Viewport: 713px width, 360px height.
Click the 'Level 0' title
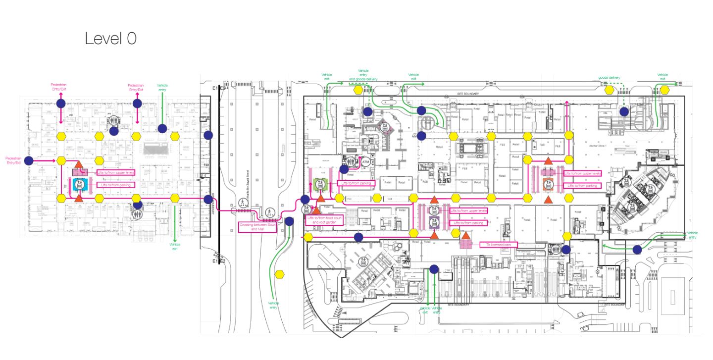(x=110, y=38)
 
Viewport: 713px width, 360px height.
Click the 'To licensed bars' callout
(x=498, y=245)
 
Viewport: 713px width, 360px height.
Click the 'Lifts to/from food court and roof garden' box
(x=321, y=220)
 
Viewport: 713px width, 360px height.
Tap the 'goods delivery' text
(x=609, y=78)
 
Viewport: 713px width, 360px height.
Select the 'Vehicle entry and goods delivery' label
(x=363, y=75)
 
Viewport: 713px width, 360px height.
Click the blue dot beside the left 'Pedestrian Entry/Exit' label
(x=29, y=160)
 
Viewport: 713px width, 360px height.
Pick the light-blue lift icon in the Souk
(x=79, y=185)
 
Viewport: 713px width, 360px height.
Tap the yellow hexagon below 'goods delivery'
(x=609, y=90)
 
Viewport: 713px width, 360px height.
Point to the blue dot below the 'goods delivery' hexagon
(x=624, y=111)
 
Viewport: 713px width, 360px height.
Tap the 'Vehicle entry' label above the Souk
(x=162, y=88)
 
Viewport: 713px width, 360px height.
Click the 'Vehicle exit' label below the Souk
(x=175, y=246)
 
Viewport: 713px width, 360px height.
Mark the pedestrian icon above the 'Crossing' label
(x=243, y=202)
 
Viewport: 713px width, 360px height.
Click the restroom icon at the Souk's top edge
(x=114, y=120)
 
